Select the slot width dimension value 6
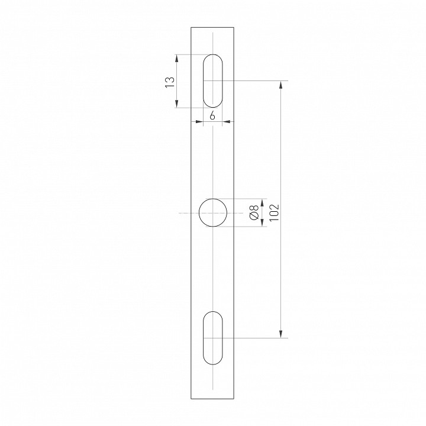coord(212,116)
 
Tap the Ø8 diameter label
coord(253,213)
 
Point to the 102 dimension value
coord(273,212)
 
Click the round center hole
coord(213,213)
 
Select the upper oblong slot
coord(213,81)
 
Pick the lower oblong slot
coord(213,338)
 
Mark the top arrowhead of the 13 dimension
coord(177,58)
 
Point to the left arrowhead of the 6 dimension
coord(200,122)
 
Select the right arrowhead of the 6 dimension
coord(226,122)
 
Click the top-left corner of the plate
coord(191,27)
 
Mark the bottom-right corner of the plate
coord(234,399)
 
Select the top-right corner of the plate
coord(234,27)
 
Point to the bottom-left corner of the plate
coord(191,399)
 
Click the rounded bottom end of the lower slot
coord(213,362)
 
